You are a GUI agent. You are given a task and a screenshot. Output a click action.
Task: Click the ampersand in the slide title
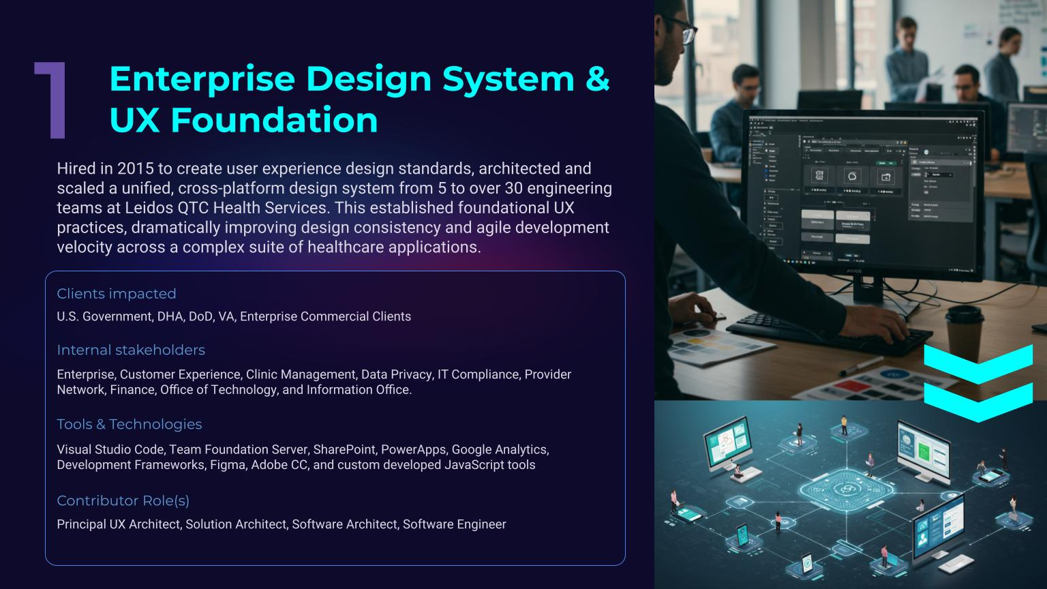[596, 78]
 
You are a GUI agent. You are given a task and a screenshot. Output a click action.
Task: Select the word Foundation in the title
[273, 120]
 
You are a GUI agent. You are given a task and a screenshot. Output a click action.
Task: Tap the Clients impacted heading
[117, 294]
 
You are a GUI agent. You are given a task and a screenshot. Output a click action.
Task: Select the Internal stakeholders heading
[131, 350]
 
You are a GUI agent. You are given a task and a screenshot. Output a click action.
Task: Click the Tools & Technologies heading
[130, 424]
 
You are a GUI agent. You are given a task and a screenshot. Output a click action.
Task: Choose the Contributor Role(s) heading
[123, 500]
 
